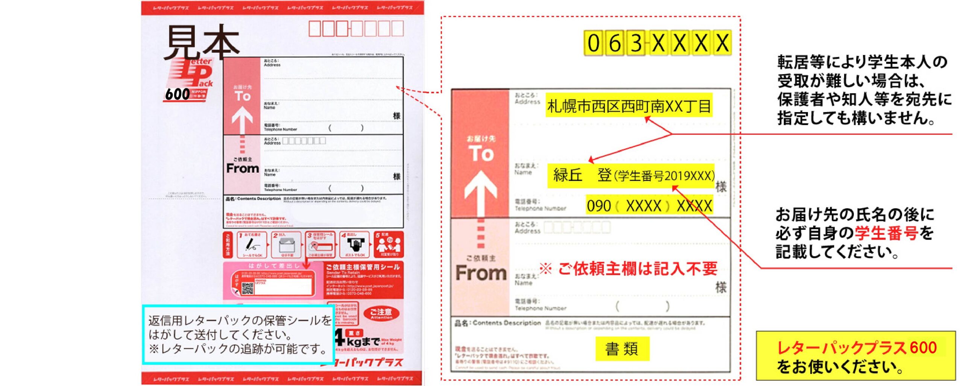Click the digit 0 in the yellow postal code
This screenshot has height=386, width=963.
pyautogui.click(x=594, y=43)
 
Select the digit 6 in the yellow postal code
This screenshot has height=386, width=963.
pyautogui.click(x=615, y=43)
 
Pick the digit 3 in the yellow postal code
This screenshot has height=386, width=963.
pyautogui.click(x=636, y=43)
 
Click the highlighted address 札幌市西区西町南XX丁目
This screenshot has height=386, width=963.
pyautogui.click(x=629, y=106)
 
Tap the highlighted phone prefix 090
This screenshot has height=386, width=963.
pyautogui.click(x=599, y=206)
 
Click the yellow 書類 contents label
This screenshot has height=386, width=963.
pyautogui.click(x=622, y=349)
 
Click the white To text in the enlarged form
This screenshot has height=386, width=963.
pyautogui.click(x=481, y=153)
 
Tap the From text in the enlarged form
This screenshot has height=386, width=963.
pyautogui.click(x=481, y=272)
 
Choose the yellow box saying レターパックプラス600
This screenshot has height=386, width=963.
pyautogui.click(x=856, y=356)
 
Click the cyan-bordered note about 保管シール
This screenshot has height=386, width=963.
pyautogui.click(x=238, y=334)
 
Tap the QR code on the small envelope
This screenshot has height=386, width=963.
pyautogui.click(x=248, y=289)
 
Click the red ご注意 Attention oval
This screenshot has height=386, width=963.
pyautogui.click(x=381, y=313)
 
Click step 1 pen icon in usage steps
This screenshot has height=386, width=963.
pyautogui.click(x=252, y=245)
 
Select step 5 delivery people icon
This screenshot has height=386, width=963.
pyautogui.click(x=389, y=245)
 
